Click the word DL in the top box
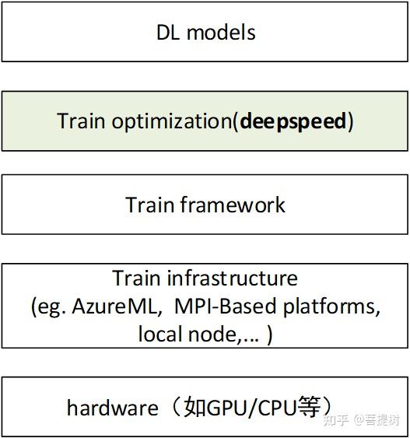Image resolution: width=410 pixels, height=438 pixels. pyautogui.click(x=169, y=33)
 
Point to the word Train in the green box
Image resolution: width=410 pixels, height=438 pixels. pyautogui.click(x=80, y=121)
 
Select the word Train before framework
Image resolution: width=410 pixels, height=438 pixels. pyautogui.click(x=149, y=205)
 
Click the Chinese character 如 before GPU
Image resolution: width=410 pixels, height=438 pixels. pyautogui.click(x=194, y=407)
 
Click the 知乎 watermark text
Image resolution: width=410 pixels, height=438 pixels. pyautogui.click(x=335, y=421)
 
